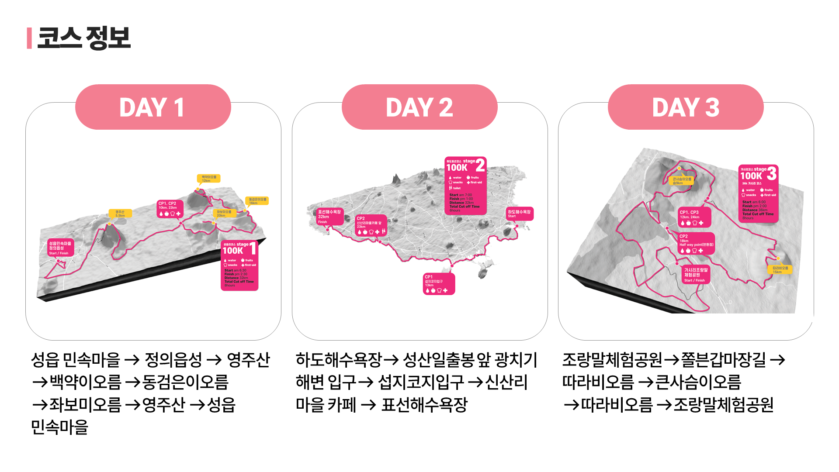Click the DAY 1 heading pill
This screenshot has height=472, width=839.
coord(153,107)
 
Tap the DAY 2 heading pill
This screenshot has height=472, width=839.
coord(419,107)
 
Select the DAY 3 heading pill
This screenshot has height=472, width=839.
coord(686,107)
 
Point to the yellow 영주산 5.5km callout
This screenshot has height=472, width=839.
coord(120,214)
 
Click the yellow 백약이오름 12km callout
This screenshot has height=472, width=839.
coord(209,179)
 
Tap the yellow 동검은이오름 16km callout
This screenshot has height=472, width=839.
coord(257,201)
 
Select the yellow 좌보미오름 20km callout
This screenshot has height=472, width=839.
coord(225,213)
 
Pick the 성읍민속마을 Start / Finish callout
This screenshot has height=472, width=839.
coord(60,248)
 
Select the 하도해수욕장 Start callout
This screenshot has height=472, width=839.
coord(519,214)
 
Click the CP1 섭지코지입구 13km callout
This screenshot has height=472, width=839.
coord(439,284)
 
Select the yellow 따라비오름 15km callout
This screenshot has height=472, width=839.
coord(780,269)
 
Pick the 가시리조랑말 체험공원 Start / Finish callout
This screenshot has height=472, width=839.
coord(695,275)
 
